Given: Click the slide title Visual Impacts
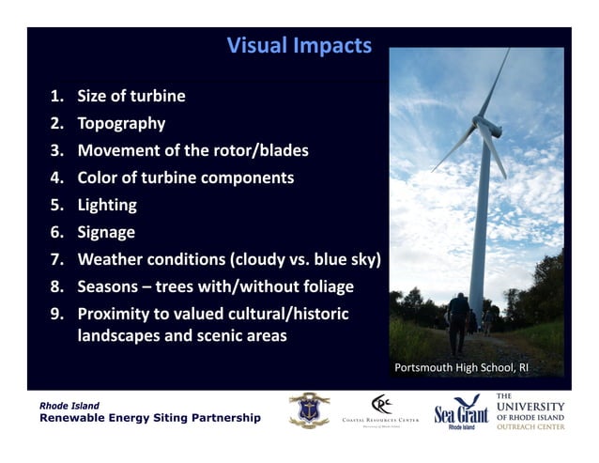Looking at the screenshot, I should [299, 45].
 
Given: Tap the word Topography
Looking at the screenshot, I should [121, 123].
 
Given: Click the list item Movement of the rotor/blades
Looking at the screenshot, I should [192, 150].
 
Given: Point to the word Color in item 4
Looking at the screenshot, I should [99, 177].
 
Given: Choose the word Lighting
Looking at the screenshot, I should [107, 205].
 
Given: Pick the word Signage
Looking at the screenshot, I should [106, 232].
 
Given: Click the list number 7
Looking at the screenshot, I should [56, 259].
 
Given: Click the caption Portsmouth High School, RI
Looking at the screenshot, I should [462, 367].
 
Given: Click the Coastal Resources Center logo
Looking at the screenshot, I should [381, 410].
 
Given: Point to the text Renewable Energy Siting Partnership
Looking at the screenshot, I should [149, 417].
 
